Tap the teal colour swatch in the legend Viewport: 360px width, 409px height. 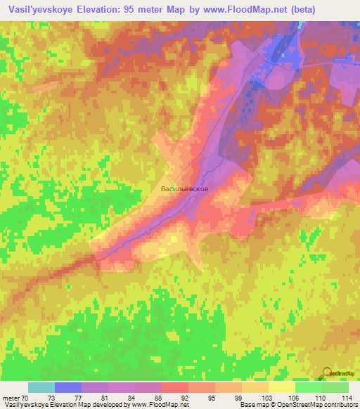pyautogui.click(x=41, y=387)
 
